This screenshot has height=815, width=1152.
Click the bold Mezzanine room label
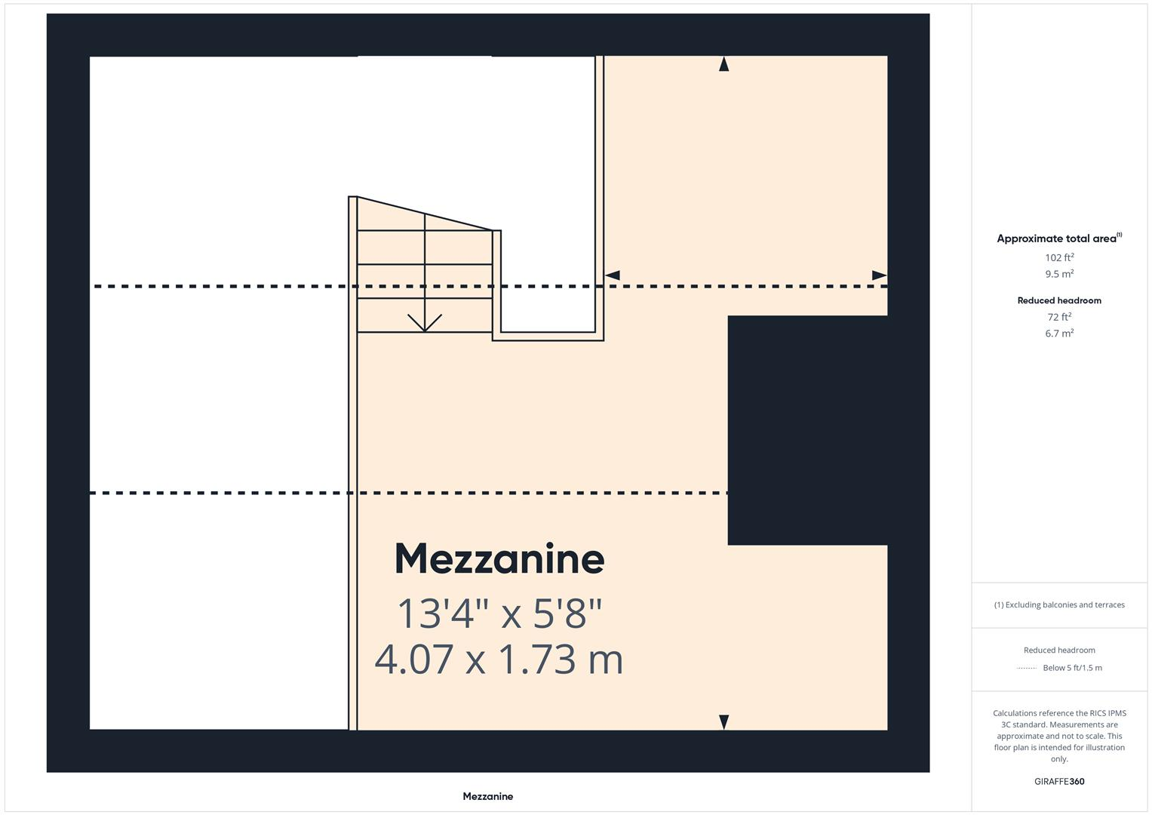click(499, 559)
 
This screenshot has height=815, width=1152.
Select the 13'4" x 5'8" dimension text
click(499, 613)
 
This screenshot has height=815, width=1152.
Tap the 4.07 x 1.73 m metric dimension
click(499, 659)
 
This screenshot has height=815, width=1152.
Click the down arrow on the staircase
click(425, 322)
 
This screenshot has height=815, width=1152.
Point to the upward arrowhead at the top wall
click(723, 64)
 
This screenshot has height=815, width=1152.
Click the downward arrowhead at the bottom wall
click(723, 722)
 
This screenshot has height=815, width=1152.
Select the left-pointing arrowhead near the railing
click(613, 275)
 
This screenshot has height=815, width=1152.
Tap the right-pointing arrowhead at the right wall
click(879, 275)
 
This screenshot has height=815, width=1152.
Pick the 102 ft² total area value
click(1059, 257)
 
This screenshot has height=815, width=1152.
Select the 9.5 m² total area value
click(1059, 274)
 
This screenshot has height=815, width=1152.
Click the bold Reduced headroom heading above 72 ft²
click(1059, 300)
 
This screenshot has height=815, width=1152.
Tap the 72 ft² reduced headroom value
click(1059, 317)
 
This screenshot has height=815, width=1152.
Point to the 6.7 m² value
click(1059, 334)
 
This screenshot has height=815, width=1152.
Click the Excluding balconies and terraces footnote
click(1059, 604)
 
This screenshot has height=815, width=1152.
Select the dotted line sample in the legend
click(1027, 668)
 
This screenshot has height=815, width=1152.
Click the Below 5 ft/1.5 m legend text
click(1072, 668)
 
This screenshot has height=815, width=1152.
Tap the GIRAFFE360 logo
click(1059, 782)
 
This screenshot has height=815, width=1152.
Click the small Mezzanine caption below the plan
click(487, 796)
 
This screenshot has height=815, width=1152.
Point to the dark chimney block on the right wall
click(807, 430)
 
